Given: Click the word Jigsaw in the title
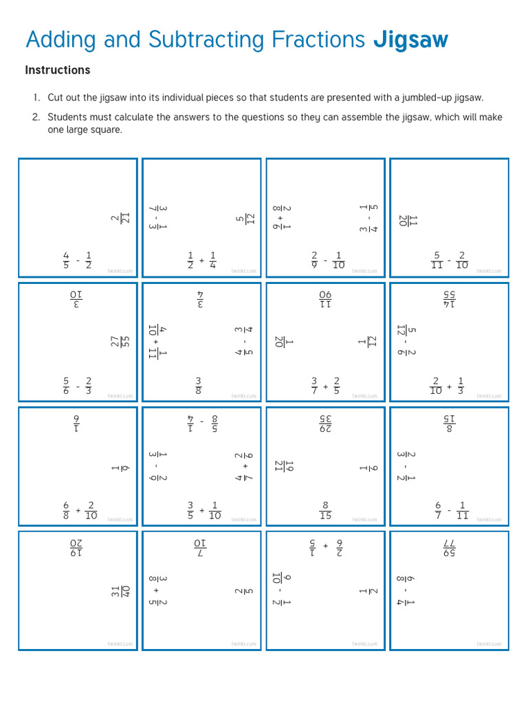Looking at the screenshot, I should coord(410,40).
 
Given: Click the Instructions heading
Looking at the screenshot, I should coord(58,70).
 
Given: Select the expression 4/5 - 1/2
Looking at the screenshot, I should coord(78,261).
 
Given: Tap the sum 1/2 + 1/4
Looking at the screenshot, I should coord(203,261).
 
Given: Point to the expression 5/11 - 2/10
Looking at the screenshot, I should coord(450,261).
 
